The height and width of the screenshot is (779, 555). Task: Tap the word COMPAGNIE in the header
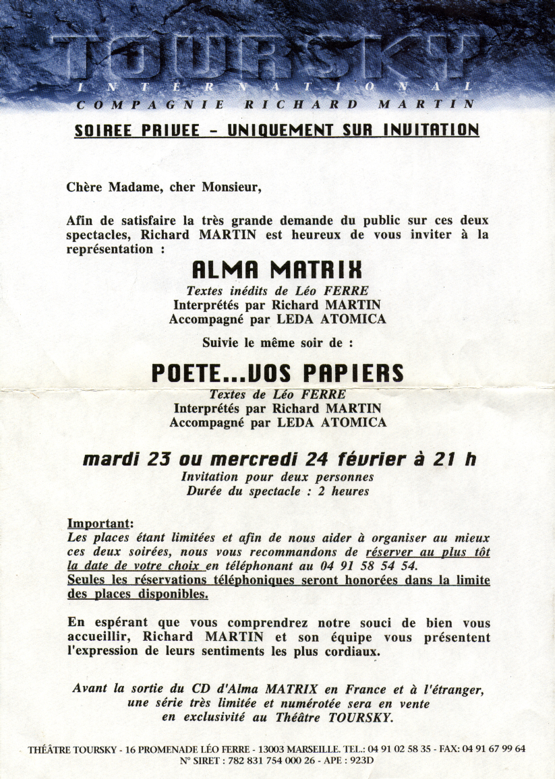[x=150, y=104]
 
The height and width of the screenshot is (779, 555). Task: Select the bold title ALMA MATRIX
[x=277, y=270]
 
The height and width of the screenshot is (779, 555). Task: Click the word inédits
[x=255, y=291]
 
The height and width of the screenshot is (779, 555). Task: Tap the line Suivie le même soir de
[x=277, y=342]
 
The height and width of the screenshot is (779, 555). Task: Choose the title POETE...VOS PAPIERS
[x=277, y=373]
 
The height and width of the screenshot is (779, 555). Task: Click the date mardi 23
[x=127, y=460]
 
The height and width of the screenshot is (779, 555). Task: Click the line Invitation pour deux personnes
[x=277, y=477]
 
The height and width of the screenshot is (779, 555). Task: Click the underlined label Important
[x=100, y=524]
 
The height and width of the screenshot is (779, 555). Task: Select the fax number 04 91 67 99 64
[x=494, y=749]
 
